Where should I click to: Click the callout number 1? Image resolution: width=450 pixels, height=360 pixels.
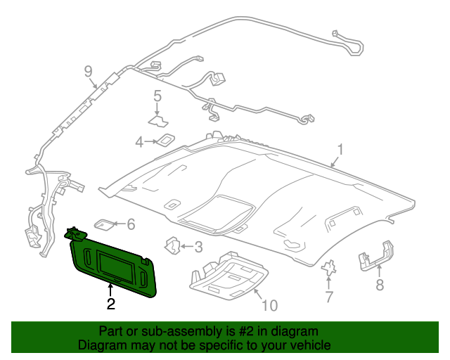point(340,150)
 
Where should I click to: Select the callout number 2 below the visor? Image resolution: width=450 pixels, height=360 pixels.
point(110,304)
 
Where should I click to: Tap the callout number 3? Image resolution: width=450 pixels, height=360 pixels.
point(198,247)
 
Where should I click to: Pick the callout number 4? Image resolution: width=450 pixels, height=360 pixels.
point(139,143)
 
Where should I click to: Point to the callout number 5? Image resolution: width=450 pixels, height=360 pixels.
point(157,96)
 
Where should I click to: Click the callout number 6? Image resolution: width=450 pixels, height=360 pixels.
point(130,224)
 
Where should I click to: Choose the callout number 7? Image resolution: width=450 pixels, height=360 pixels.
point(328,297)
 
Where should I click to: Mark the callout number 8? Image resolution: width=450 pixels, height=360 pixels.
point(380,285)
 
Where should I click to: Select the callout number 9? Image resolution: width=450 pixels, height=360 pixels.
point(89,70)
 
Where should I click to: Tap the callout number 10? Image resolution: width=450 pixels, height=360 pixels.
point(269,305)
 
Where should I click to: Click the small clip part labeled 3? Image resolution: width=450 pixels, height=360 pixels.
point(172,245)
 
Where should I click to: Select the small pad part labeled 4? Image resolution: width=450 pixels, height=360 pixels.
point(166,140)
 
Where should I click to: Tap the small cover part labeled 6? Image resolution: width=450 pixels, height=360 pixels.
point(104,224)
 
